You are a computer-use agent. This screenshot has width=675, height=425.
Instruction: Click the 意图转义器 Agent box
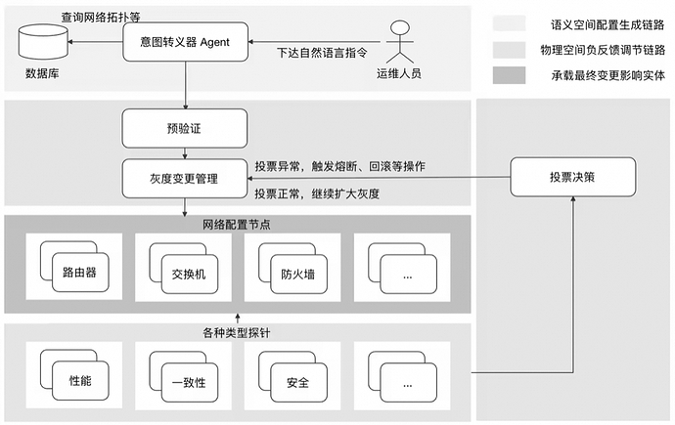(185, 42)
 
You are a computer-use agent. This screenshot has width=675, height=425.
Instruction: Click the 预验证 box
(185, 127)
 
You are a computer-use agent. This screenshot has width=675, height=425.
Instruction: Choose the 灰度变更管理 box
(185, 179)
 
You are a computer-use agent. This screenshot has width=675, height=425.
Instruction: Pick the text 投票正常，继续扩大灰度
(317, 193)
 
